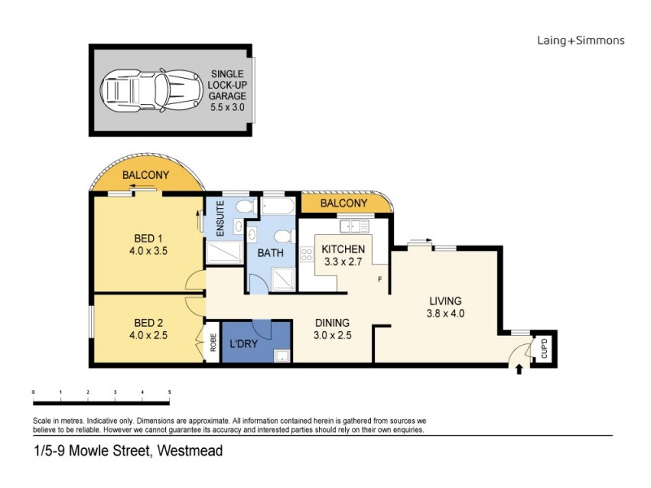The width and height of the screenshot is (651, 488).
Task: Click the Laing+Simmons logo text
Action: point(580,40)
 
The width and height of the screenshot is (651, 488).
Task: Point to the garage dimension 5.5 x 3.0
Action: point(227,107)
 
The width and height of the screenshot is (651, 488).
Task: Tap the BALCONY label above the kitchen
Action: point(343,203)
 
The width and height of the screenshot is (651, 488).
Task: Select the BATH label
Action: point(270,254)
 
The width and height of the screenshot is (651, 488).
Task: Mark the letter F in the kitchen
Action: point(379,281)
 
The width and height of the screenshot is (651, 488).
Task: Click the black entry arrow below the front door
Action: point(519,370)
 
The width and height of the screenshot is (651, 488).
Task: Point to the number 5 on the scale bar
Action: point(169,392)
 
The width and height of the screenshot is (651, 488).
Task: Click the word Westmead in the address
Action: point(190,451)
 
